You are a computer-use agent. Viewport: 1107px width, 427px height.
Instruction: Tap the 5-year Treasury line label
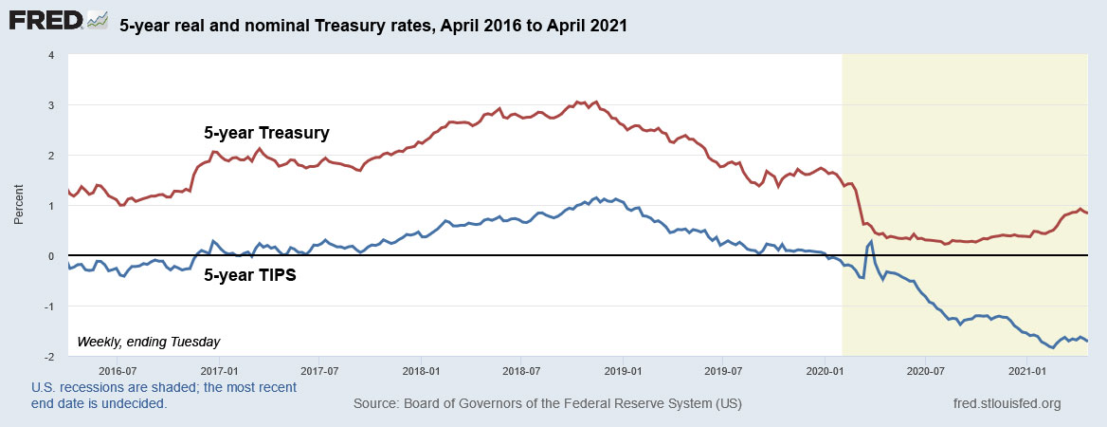click(266, 133)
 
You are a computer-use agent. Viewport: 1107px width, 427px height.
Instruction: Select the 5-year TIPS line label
click(250, 279)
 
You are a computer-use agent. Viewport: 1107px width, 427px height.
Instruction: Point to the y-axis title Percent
click(19, 205)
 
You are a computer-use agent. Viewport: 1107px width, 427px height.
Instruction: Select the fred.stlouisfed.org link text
click(1007, 404)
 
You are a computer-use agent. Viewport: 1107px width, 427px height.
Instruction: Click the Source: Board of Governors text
click(547, 404)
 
